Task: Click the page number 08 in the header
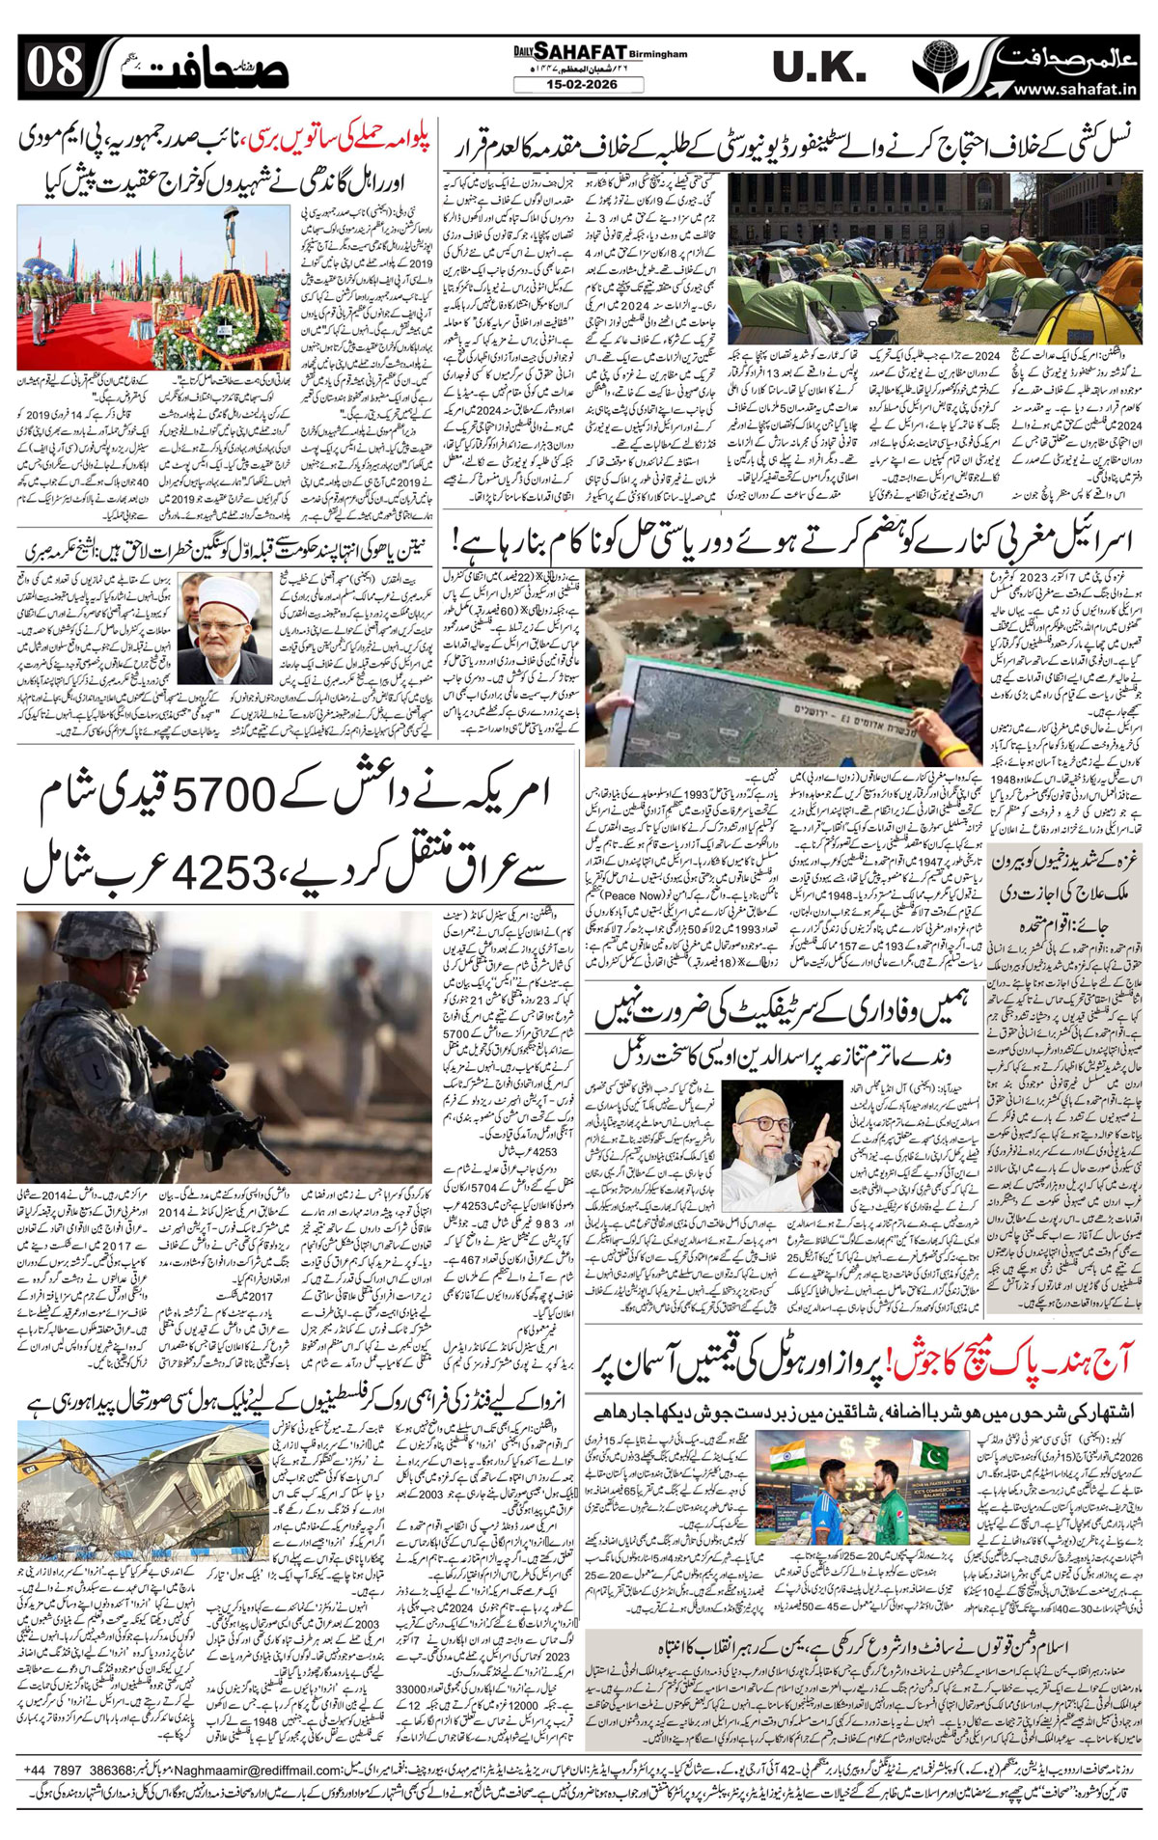[55, 68]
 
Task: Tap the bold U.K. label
[818, 68]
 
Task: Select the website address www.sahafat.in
[1074, 89]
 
